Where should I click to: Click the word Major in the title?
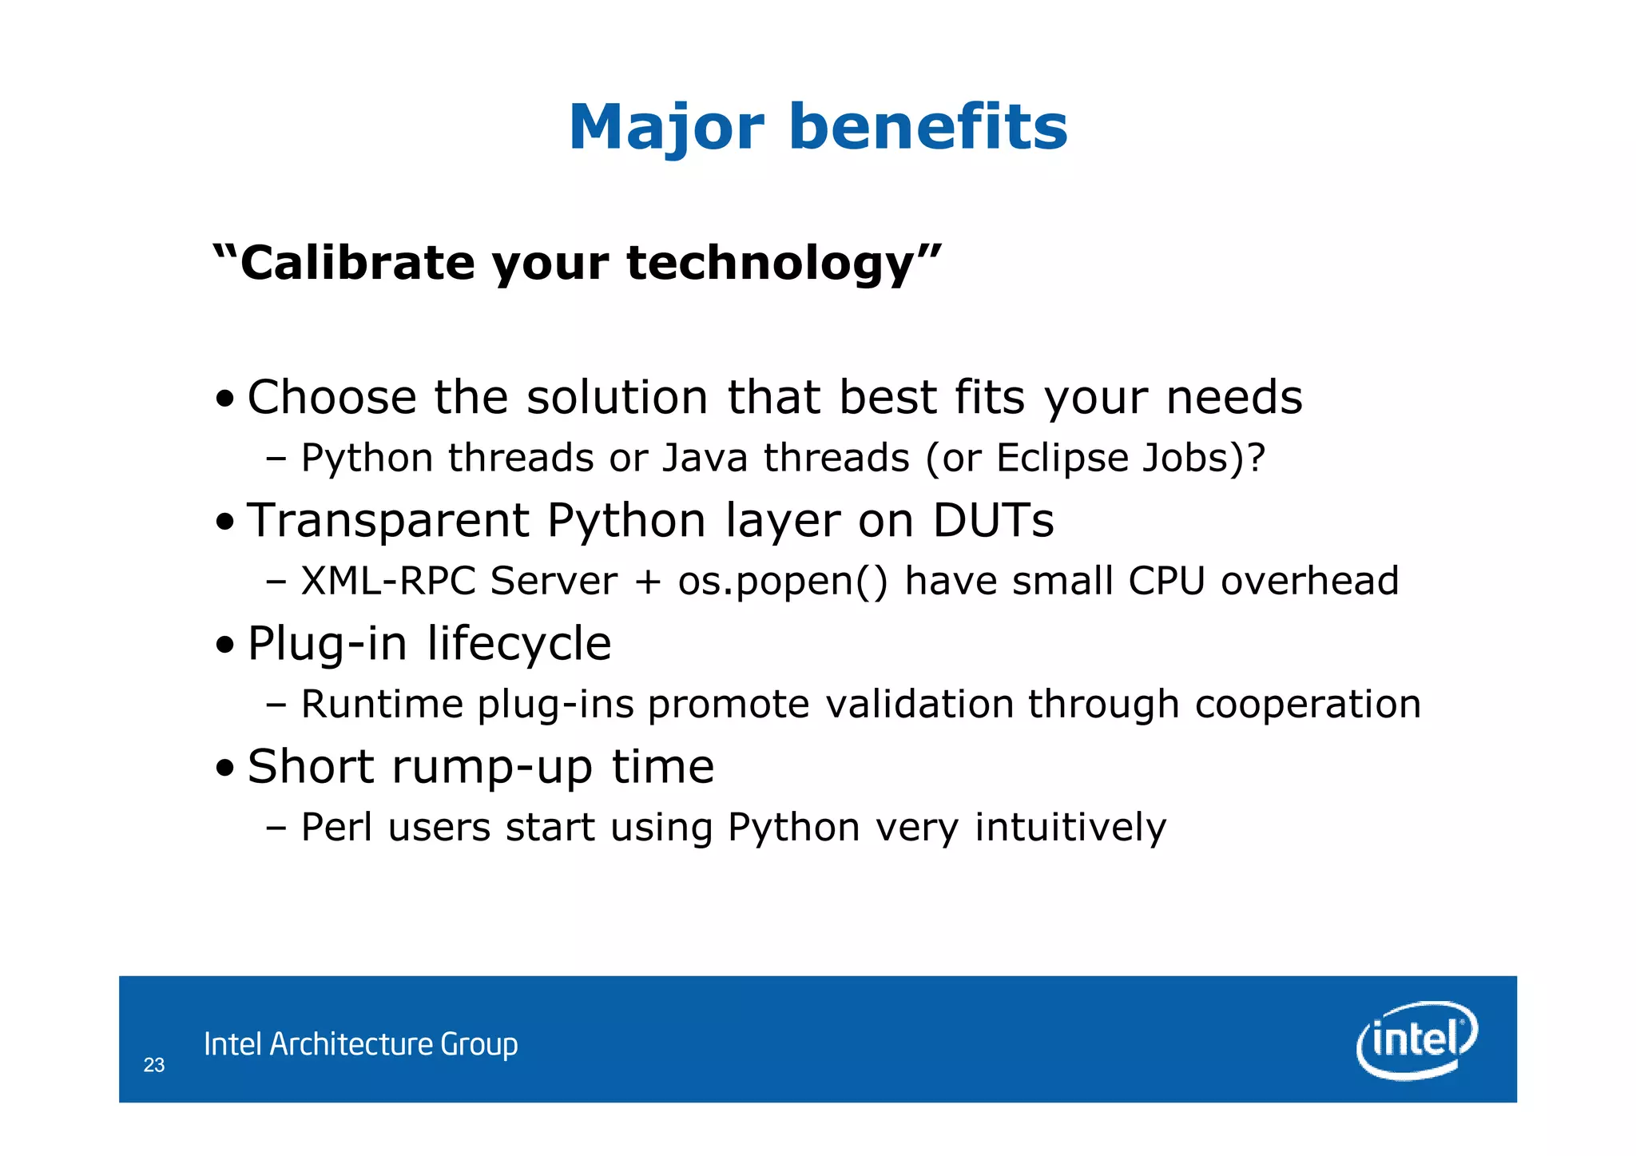pos(666,128)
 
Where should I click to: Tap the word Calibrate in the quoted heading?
pos(357,263)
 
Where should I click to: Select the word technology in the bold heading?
pos(770,263)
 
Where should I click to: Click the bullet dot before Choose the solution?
pos(225,398)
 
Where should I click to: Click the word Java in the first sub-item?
pos(705,459)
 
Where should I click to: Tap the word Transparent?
pos(388,521)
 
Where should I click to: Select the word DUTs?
pos(993,521)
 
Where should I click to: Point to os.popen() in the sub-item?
pos(783,581)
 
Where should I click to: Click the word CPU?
pos(1166,581)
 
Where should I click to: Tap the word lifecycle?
pos(519,644)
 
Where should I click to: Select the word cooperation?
pos(1308,705)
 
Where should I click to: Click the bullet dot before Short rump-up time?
pos(225,768)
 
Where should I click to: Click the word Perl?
pos(336,827)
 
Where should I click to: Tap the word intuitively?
pos(1070,827)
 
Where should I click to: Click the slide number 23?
pos(154,1065)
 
